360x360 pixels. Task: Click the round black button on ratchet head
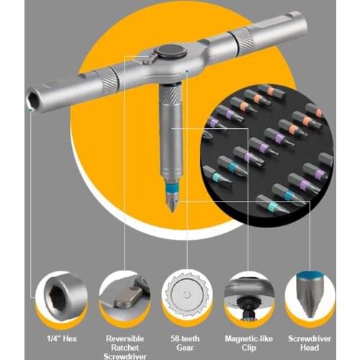pos(170,53)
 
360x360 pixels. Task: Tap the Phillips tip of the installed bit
pos(173,205)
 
